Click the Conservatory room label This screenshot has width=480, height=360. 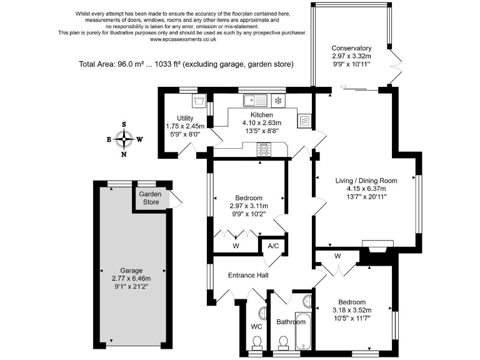tap(351, 48)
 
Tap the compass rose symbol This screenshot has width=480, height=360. tap(124, 139)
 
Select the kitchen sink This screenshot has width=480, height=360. tap(255, 101)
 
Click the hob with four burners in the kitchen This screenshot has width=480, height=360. tap(264, 149)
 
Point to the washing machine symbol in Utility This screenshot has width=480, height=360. tap(199, 101)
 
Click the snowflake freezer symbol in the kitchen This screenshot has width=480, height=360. tap(278, 101)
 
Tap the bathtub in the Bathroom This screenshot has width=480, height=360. tap(303, 331)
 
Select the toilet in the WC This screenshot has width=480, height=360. tap(256, 343)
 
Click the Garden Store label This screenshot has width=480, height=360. tap(150, 198)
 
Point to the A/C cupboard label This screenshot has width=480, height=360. tap(273, 246)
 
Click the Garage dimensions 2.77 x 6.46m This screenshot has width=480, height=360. tap(131, 279)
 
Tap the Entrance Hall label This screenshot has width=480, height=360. tap(248, 275)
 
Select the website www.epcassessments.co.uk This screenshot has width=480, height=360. tap(182, 39)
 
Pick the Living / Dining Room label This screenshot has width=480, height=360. tap(366, 181)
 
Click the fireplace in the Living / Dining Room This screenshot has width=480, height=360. tap(377, 246)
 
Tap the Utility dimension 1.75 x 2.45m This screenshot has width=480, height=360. tap(185, 126)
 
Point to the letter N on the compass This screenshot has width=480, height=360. tap(124, 154)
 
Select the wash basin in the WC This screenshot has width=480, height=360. tap(263, 313)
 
